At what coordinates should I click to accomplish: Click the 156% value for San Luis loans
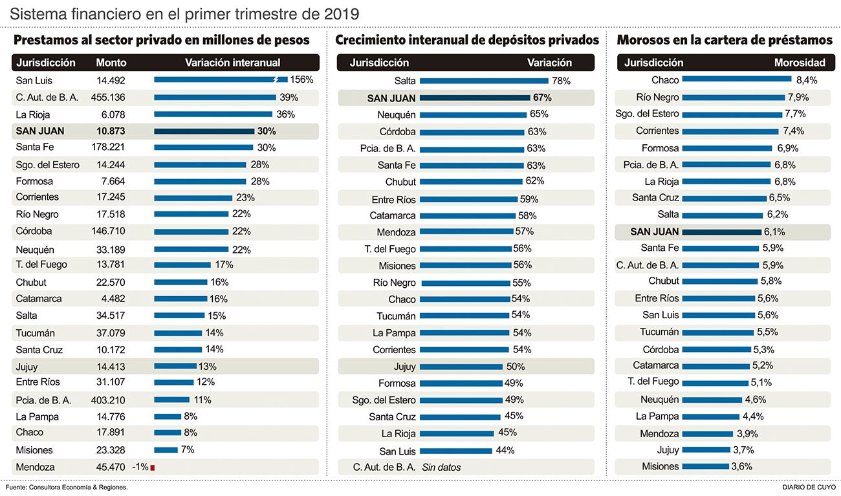click(x=301, y=80)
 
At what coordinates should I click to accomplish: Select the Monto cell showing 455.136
click(x=110, y=98)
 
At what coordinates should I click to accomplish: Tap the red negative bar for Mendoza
click(x=152, y=467)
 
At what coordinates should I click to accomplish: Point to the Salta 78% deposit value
click(x=561, y=81)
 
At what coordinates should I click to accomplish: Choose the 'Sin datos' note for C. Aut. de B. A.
click(x=442, y=467)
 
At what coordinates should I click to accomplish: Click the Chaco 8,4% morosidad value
click(x=806, y=80)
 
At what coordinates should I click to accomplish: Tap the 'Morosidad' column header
click(x=800, y=63)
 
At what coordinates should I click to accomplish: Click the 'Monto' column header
click(x=111, y=63)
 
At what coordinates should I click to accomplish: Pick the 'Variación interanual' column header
click(x=233, y=63)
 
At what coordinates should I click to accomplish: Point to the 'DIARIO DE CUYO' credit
click(x=809, y=487)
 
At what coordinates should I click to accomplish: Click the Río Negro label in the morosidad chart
click(x=657, y=98)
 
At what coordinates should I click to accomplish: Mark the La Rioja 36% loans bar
click(x=213, y=114)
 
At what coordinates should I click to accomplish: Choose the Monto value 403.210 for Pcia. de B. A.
click(x=110, y=400)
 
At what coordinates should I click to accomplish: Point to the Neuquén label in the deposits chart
click(x=397, y=115)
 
